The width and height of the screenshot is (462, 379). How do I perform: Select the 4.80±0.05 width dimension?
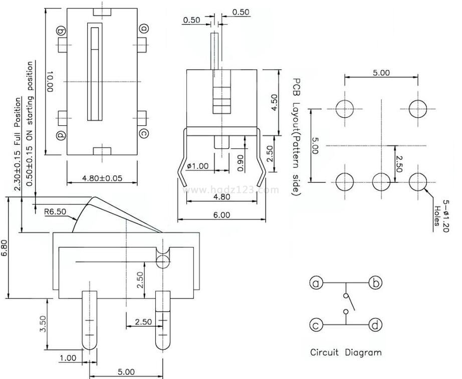pyautogui.click(x=102, y=178)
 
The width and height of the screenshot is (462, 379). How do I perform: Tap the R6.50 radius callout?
pyautogui.click(x=55, y=212)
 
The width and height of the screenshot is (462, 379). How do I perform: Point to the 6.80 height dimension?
pyautogui.click(x=5, y=248)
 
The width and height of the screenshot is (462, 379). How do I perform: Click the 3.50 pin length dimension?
pyautogui.click(x=43, y=324)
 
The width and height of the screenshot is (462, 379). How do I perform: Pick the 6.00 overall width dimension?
pyautogui.click(x=221, y=215)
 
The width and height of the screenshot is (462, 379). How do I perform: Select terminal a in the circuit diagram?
pyautogui.click(x=316, y=284)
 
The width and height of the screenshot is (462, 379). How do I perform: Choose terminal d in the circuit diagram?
pyautogui.click(x=375, y=326)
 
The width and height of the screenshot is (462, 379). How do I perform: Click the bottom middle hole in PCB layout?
pyautogui.click(x=381, y=182)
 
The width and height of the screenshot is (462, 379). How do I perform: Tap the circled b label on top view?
pyautogui.click(x=62, y=31)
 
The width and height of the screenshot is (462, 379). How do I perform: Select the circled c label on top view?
pyautogui.click(x=144, y=133)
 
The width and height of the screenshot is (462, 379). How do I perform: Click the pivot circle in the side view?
pyautogui.click(x=162, y=260)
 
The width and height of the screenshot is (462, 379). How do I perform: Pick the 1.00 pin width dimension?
pyautogui.click(x=68, y=358)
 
